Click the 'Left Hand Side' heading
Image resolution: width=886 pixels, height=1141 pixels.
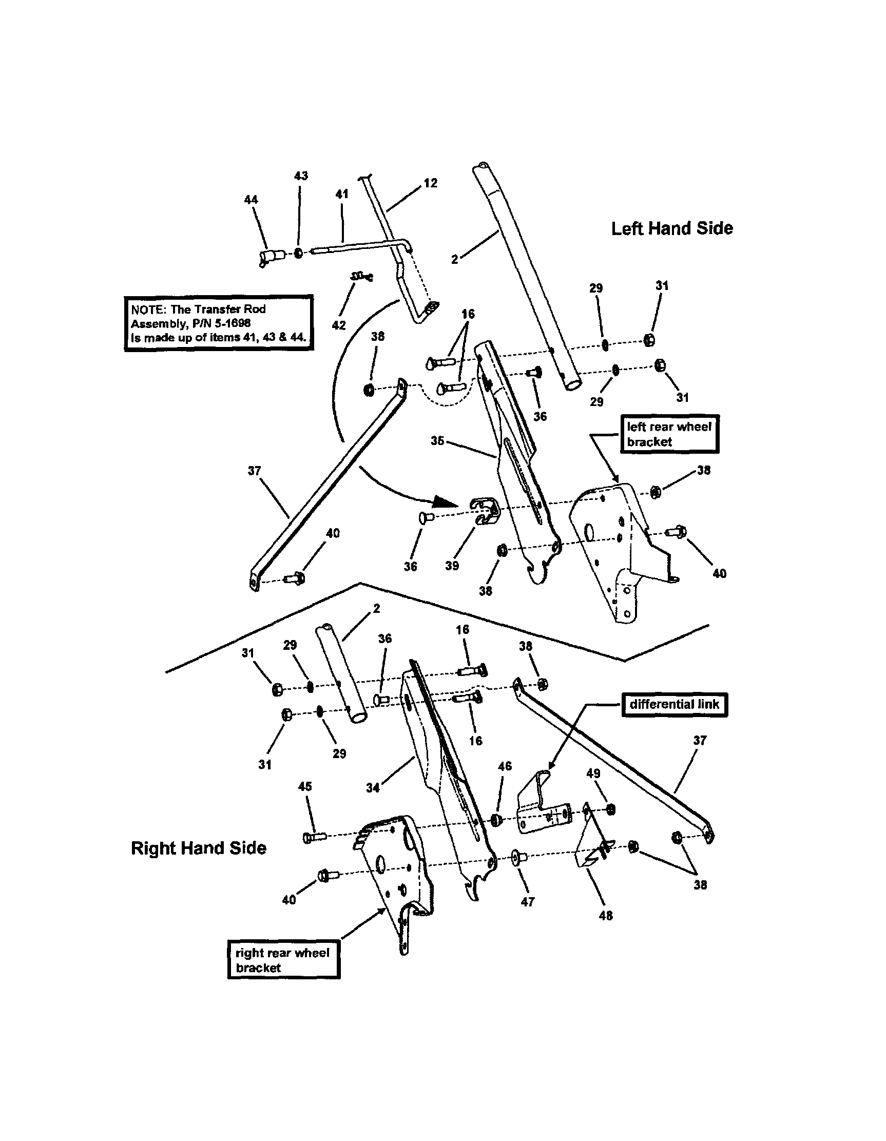672,228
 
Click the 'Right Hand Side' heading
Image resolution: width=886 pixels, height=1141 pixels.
199,847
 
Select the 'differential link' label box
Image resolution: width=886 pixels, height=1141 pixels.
674,704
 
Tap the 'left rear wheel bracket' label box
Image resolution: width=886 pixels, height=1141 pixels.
669,434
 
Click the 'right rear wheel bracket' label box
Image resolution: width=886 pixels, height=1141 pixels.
283,960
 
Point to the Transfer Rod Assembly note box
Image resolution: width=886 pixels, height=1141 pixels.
218,323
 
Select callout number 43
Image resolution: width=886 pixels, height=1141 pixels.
301,176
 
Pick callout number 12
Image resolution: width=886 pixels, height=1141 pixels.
430,183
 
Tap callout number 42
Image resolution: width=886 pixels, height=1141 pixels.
338,325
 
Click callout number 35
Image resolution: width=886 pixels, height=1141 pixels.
437,440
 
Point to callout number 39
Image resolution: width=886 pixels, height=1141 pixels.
452,566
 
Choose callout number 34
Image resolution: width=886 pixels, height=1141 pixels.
373,788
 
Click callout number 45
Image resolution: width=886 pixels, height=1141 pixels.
304,786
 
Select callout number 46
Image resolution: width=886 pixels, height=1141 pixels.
505,766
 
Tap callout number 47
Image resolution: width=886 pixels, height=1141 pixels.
528,901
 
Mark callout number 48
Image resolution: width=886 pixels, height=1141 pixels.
606,915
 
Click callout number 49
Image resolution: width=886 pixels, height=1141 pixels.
593,773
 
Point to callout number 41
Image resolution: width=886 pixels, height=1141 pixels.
341,194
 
